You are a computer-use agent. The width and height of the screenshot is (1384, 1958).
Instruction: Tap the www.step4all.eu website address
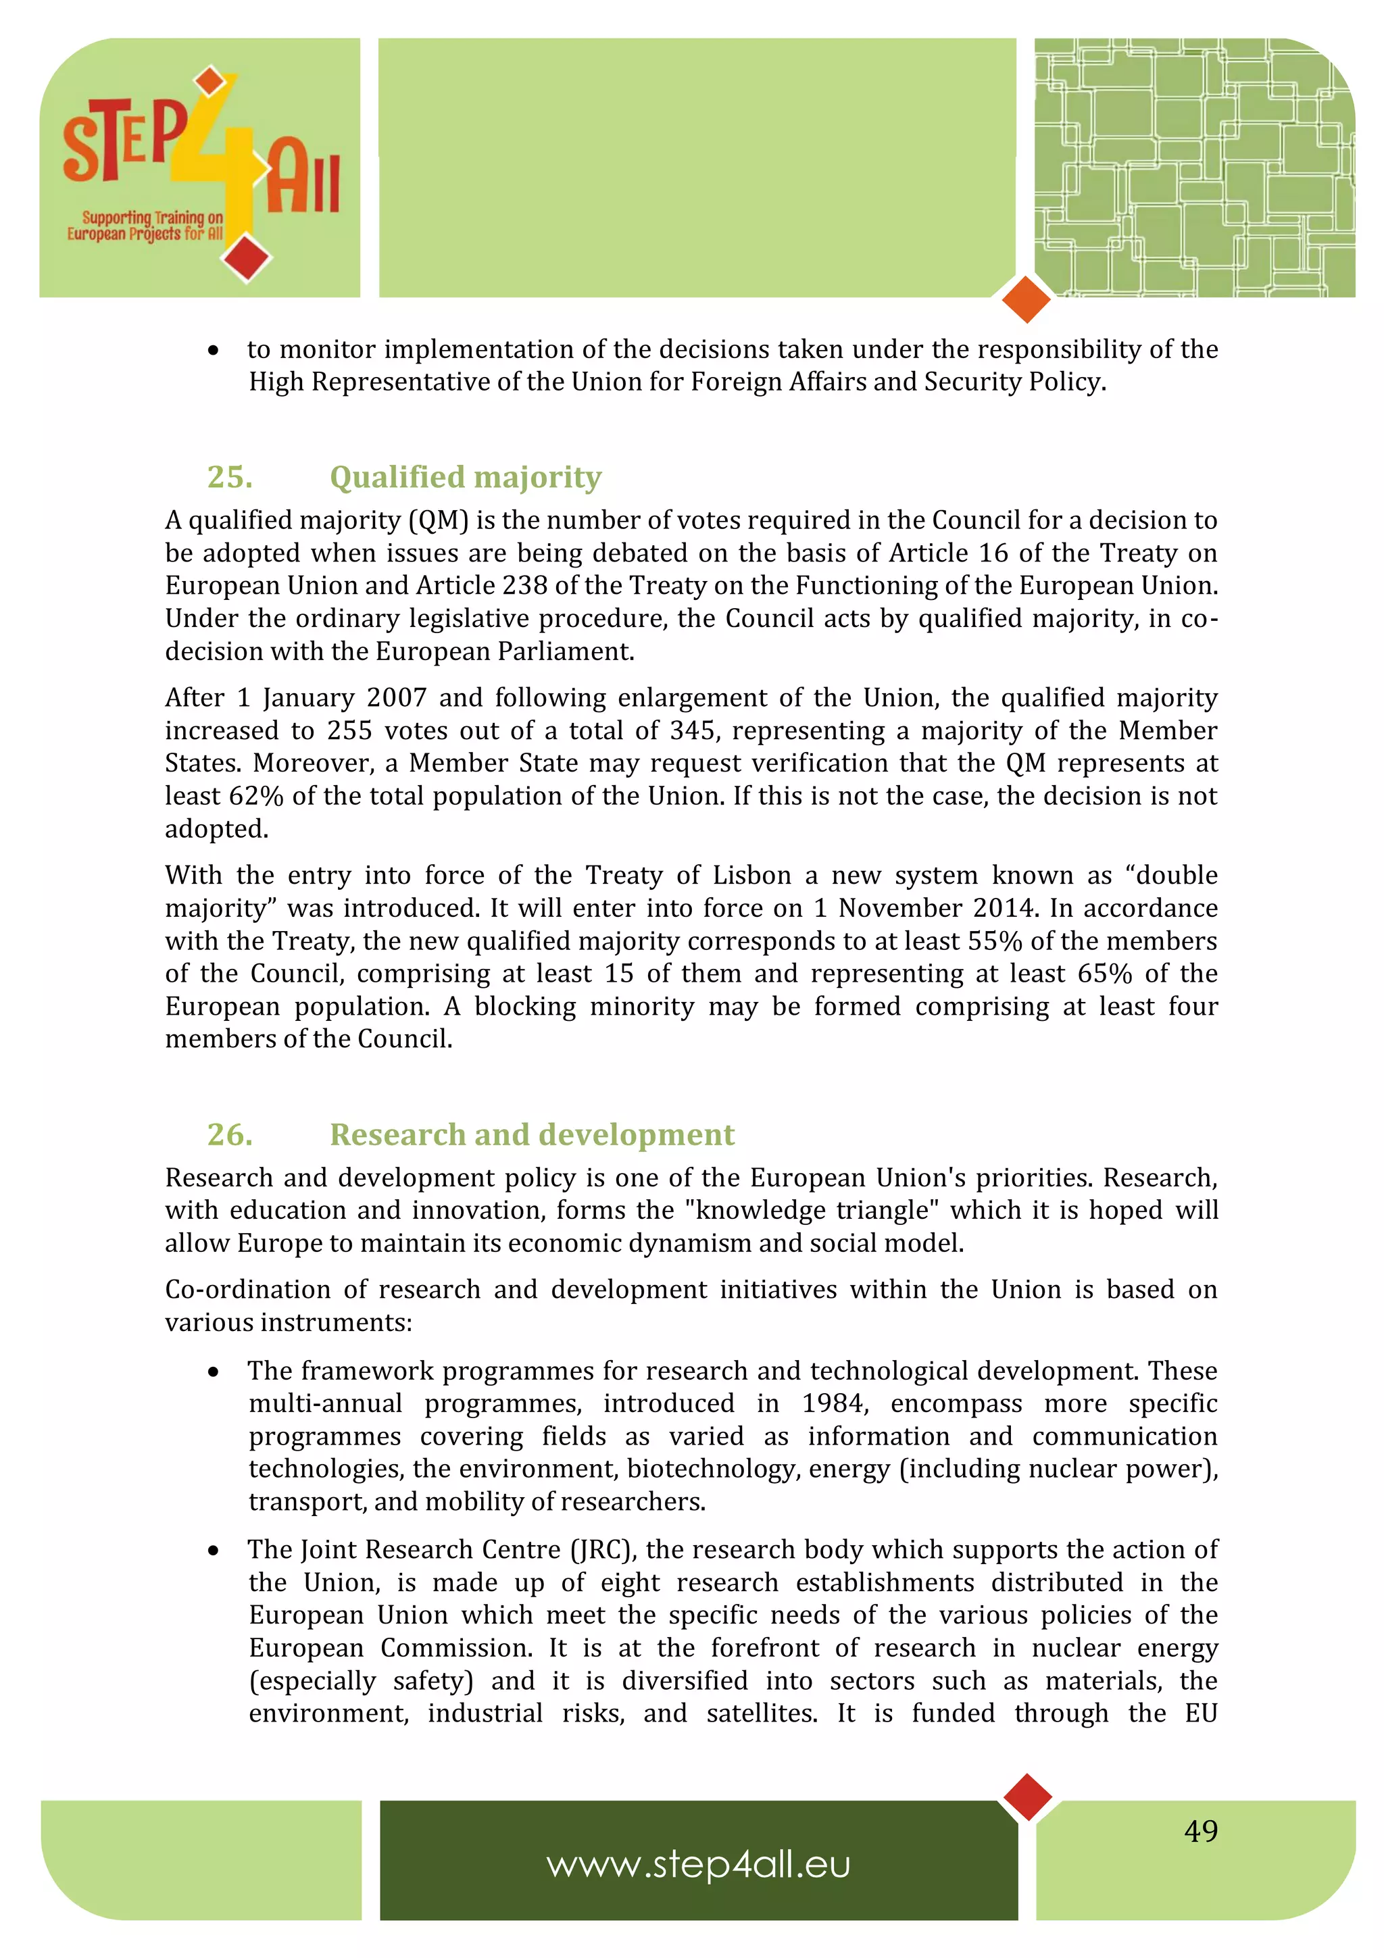(698, 1864)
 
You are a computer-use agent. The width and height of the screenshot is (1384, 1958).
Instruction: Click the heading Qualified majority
(465, 477)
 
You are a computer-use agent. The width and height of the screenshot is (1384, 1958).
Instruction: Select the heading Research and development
(531, 1134)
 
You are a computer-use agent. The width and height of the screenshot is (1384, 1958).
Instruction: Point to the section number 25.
(229, 477)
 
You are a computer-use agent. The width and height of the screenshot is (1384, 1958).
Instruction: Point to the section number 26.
(229, 1134)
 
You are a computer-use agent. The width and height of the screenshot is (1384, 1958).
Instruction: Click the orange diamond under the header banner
(1026, 299)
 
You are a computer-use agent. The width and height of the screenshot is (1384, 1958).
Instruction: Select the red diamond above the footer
(1028, 1797)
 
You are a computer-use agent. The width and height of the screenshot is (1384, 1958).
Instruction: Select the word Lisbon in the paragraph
(752, 876)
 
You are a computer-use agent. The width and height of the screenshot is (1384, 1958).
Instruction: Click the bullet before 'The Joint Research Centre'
(213, 1551)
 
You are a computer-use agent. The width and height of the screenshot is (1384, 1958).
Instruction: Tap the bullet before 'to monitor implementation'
(213, 351)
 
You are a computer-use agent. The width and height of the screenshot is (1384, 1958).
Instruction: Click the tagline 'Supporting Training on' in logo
(152, 218)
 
